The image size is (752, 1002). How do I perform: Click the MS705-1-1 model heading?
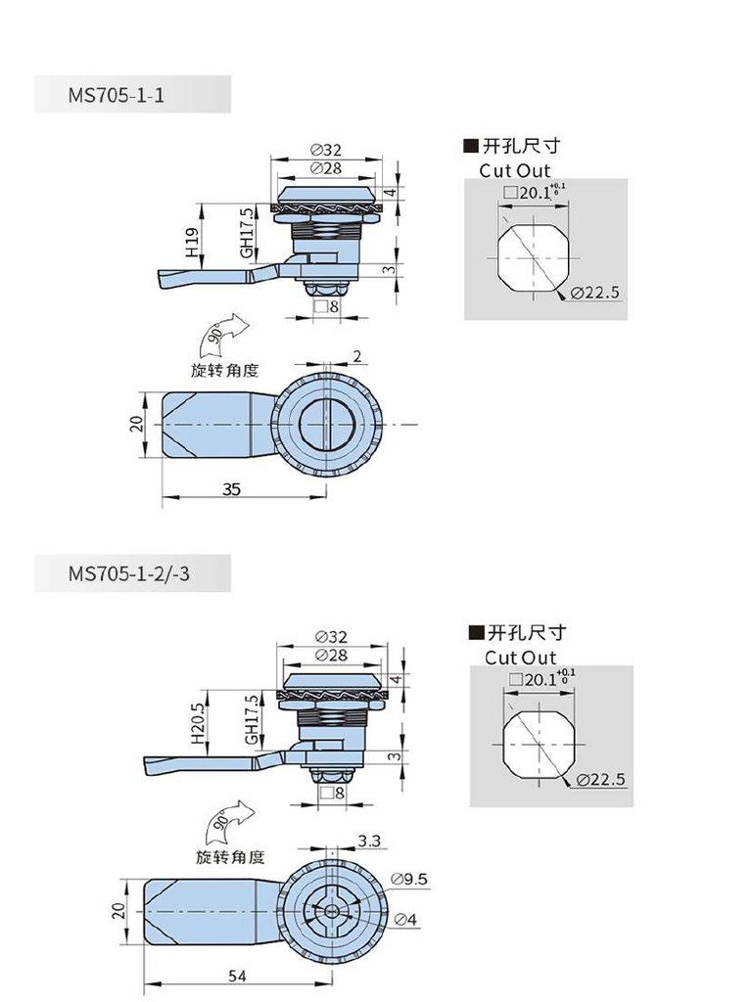(116, 95)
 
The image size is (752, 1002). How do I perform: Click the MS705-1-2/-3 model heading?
(128, 573)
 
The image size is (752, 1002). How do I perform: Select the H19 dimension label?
(192, 242)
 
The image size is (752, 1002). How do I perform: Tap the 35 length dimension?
(231, 489)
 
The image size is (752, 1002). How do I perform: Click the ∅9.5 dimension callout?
(408, 879)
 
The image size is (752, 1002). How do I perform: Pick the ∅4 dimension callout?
(405, 919)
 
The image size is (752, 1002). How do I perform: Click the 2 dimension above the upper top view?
(356, 357)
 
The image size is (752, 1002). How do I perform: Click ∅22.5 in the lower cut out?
(600, 779)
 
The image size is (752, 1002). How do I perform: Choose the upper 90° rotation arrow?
(224, 336)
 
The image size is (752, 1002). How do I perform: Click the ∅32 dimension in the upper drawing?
(325, 150)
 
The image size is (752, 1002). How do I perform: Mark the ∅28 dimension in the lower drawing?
(330, 655)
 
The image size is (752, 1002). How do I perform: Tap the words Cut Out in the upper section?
(515, 170)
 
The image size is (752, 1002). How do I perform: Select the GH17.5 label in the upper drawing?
(247, 233)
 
